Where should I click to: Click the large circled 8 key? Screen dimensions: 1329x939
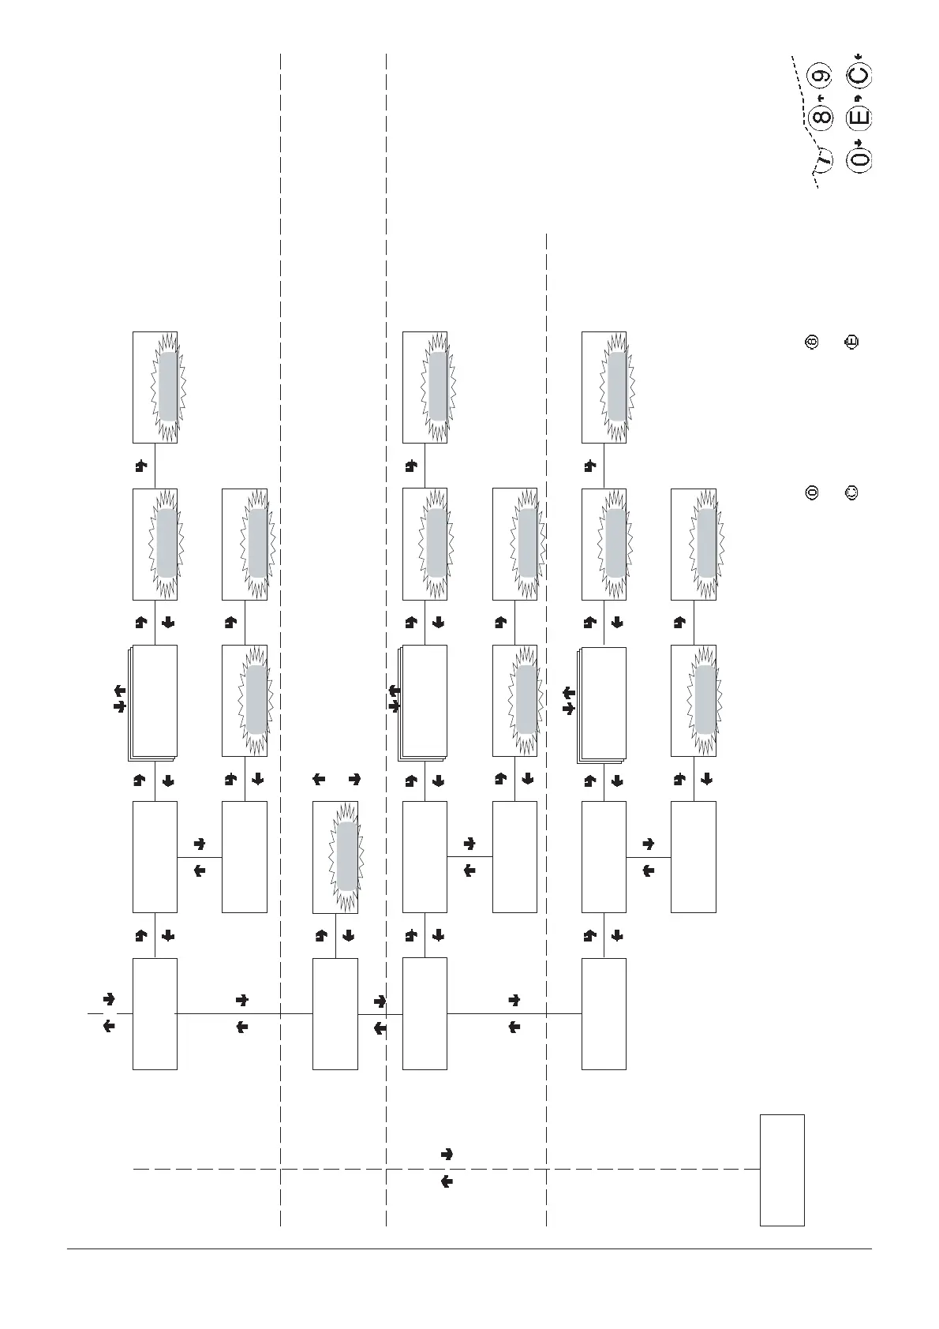pos(821,118)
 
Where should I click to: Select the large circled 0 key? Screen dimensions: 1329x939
pos(859,159)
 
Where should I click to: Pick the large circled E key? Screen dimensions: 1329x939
pos(859,118)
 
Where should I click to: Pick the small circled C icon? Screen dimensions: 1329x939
pos(851,493)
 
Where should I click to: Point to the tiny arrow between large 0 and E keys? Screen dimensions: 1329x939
pos(859,140)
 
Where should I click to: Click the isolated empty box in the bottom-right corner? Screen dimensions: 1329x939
pos(782,1170)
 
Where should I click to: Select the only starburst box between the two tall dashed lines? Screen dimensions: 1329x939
pos(335,857)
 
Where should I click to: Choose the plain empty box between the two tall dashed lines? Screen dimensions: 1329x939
pos(335,1013)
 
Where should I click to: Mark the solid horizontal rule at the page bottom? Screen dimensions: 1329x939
pos(469,1249)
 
